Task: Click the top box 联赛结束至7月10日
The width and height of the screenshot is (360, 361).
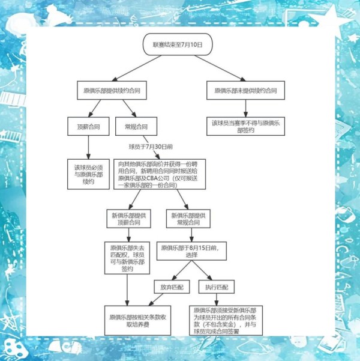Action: click(178, 44)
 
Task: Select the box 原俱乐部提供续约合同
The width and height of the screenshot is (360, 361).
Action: click(112, 90)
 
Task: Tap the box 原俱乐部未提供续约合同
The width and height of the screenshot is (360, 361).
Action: click(245, 90)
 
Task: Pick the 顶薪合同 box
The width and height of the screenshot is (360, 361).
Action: click(88, 127)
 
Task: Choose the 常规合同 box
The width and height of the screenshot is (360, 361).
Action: click(136, 127)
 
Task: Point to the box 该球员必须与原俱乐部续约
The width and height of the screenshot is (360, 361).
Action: click(88, 174)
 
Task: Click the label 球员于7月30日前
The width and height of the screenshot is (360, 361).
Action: click(151, 146)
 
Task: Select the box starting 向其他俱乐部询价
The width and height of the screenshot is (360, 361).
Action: click(159, 174)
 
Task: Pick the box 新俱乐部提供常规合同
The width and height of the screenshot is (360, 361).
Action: click(188, 219)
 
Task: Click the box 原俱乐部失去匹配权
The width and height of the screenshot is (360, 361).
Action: click(128, 258)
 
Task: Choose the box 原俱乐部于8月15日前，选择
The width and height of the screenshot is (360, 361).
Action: click(191, 251)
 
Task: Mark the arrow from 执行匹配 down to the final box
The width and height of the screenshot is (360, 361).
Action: click(217, 300)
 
